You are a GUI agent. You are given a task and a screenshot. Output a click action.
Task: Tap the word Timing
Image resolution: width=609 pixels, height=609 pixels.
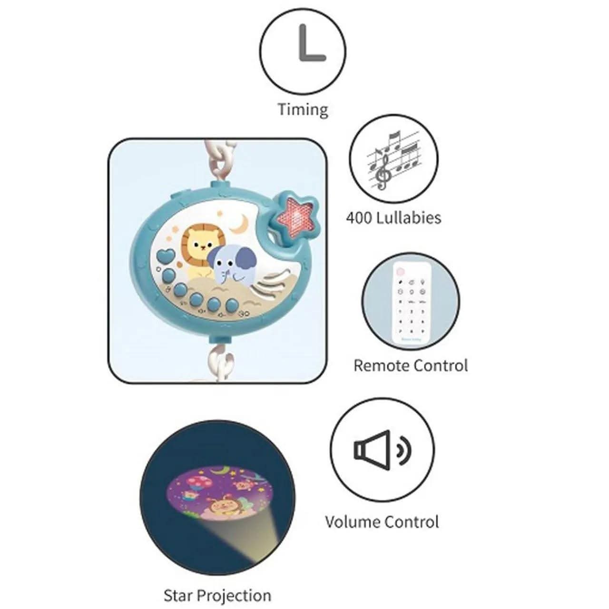coord(303,109)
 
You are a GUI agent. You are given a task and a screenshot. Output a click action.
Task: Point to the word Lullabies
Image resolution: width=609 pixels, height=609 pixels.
coord(409,218)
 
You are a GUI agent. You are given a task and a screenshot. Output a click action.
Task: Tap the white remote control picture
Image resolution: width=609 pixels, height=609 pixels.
coord(410,303)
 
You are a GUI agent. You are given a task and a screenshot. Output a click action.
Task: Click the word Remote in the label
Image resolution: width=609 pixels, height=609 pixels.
coord(381,365)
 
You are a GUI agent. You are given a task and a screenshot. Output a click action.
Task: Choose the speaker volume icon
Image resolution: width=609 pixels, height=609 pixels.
coord(382,448)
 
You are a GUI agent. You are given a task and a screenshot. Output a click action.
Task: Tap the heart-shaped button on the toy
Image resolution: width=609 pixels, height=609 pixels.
coord(166,255)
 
